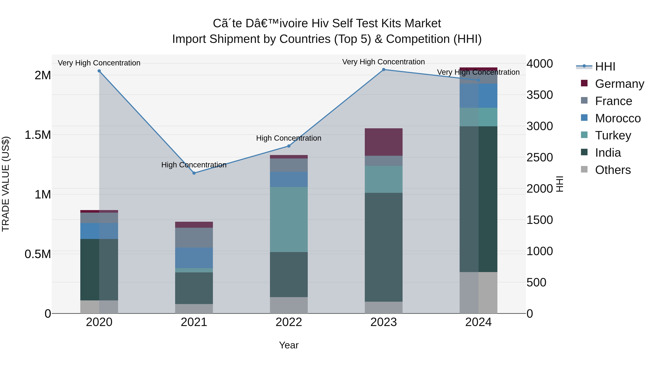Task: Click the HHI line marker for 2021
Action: click(x=194, y=173)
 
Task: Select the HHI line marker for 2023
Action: click(x=384, y=70)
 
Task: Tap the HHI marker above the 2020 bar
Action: click(x=99, y=71)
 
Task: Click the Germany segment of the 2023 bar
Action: click(x=384, y=142)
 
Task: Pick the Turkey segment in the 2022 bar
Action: click(x=289, y=219)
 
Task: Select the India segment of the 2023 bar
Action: click(x=384, y=247)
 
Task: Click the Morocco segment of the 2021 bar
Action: click(x=194, y=258)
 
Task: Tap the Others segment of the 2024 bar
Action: click(x=478, y=293)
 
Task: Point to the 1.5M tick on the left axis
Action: click(x=38, y=135)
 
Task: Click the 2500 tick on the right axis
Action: click(x=540, y=157)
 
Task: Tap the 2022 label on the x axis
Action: click(x=289, y=322)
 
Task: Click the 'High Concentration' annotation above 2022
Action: click(x=289, y=138)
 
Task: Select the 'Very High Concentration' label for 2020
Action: click(x=99, y=63)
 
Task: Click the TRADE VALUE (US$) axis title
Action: click(x=6, y=184)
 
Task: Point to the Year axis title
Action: click(x=289, y=345)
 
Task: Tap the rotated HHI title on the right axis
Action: click(x=560, y=184)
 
